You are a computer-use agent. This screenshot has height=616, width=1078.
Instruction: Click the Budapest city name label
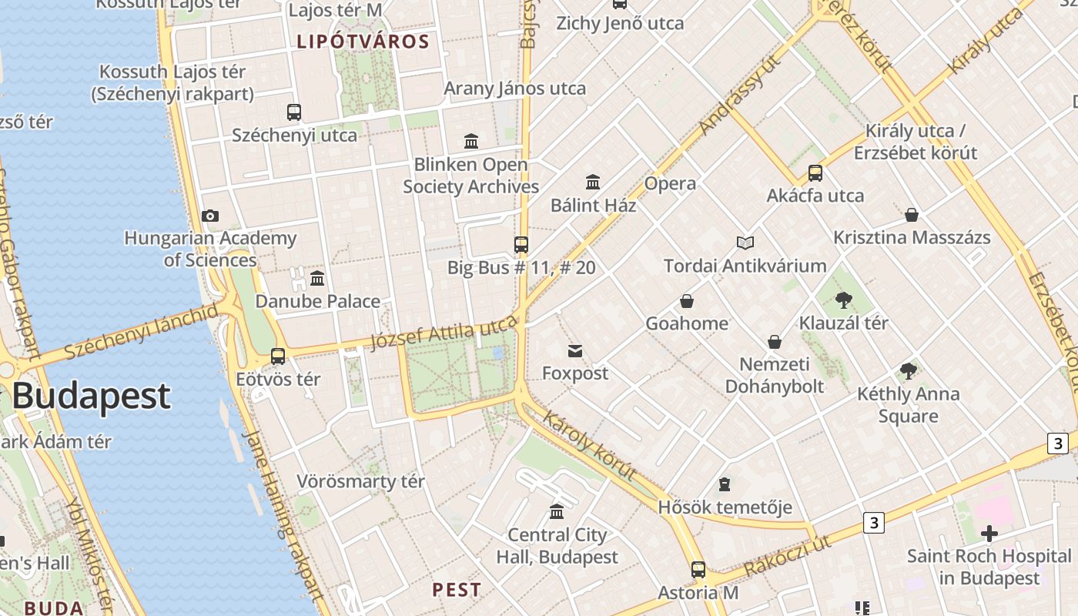coord(91,396)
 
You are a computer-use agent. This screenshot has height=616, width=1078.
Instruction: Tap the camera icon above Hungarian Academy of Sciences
coord(209,216)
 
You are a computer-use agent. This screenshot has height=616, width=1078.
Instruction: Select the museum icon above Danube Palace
coord(317,278)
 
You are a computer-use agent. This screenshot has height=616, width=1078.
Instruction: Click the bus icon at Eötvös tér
coord(278,357)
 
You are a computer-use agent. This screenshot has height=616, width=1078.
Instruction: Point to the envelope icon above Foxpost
coord(575,352)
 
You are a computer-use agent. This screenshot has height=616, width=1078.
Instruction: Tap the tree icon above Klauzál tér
coord(843,300)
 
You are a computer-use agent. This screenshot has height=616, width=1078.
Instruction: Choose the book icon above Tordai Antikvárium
coord(745,243)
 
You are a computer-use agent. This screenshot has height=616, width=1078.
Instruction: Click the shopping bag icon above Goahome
coord(686,301)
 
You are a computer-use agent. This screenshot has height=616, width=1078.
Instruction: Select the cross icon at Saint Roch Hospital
coord(989,533)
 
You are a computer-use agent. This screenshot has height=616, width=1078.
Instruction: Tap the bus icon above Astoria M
coord(698,570)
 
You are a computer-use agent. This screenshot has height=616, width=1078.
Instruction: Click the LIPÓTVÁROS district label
coord(363,42)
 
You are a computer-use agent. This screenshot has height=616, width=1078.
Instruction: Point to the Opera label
coord(670,183)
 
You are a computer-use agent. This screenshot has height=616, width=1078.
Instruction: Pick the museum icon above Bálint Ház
coord(593,182)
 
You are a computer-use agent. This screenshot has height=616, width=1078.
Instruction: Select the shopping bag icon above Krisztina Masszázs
coord(912,215)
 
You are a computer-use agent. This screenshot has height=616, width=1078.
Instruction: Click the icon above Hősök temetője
coord(724,484)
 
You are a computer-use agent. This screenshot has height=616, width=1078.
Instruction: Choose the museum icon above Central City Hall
coord(557,511)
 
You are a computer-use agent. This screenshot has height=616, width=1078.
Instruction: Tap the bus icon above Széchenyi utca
coord(294,112)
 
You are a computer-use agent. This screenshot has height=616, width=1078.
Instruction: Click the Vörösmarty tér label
coord(361,482)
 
